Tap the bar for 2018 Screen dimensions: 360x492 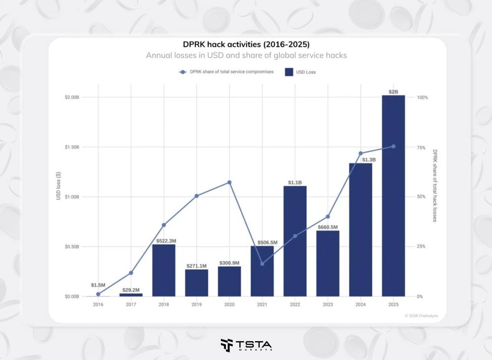(x=164, y=270)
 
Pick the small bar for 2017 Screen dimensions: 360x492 (x=131, y=295)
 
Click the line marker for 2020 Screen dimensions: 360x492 (x=229, y=182)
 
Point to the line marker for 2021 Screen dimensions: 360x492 (x=262, y=264)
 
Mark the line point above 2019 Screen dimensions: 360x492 (x=196, y=196)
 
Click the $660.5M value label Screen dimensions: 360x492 (x=328, y=227)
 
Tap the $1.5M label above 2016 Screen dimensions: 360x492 (x=98, y=285)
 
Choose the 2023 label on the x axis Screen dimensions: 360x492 (x=328, y=305)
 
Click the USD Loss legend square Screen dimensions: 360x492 (x=289, y=72)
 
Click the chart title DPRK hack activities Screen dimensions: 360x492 (x=246, y=44)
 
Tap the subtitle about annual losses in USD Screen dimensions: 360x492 (x=246, y=55)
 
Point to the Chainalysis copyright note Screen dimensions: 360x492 (x=421, y=316)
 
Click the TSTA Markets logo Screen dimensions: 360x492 (x=246, y=345)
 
